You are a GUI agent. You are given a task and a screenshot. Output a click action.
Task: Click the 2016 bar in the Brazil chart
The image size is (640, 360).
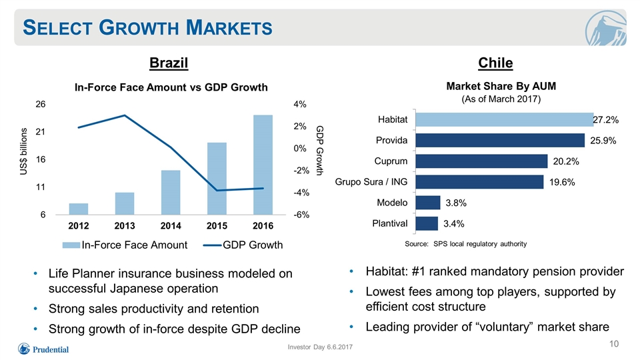pos(263,165)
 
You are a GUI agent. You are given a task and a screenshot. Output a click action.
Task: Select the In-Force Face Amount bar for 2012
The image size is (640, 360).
pos(79,209)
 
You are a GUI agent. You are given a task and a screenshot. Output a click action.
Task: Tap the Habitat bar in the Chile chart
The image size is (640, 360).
pos(504,119)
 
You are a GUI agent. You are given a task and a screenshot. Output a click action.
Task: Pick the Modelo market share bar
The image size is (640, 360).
pos(428,203)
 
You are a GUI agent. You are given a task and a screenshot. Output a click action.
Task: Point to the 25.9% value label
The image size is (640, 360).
pos(603,141)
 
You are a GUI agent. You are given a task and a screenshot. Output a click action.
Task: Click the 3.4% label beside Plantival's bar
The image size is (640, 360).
pos(454,224)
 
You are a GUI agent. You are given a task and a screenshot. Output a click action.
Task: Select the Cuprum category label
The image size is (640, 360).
pos(391,161)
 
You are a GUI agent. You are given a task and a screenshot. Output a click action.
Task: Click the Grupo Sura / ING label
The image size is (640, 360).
pos(371,181)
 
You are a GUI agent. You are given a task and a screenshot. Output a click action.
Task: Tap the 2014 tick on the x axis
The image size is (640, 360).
pos(171,226)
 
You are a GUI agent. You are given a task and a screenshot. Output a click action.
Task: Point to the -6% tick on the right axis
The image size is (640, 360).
pos(301,215)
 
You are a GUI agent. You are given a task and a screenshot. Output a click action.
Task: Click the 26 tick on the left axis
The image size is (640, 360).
pos(41,104)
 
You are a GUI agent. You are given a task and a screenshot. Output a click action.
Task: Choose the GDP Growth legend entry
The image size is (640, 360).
pos(243,245)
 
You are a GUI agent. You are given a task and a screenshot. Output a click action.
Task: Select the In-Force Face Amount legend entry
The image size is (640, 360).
pos(125,245)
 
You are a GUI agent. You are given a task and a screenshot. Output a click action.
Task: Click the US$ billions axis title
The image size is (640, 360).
pos(24,151)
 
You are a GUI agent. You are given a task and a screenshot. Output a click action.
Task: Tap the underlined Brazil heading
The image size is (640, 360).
pos(169,63)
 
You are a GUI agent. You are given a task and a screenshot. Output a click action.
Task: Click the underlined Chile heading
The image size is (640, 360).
pos(495,63)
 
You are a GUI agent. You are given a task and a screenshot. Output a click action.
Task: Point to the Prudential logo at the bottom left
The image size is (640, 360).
pos(43,349)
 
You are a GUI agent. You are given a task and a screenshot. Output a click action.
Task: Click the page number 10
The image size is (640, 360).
pos(614,344)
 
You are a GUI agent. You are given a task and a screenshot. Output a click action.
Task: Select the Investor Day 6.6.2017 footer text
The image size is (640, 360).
pos(320,347)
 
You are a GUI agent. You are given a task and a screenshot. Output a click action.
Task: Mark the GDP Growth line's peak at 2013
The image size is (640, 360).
pos(125,115)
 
